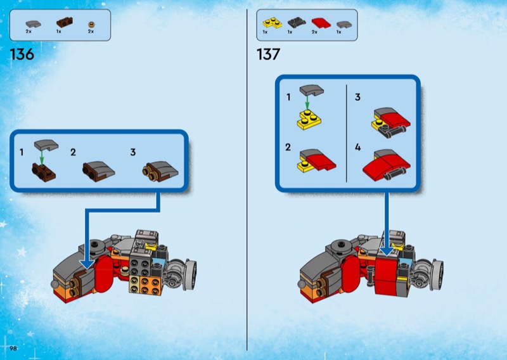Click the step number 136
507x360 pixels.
click(x=22, y=54)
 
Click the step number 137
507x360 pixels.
click(x=268, y=54)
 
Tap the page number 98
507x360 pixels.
click(x=13, y=348)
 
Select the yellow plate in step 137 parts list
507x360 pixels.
click(x=272, y=23)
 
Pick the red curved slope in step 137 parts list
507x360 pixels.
click(x=321, y=23)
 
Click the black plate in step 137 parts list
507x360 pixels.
click(x=297, y=23)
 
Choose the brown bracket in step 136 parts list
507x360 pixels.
click(x=65, y=22)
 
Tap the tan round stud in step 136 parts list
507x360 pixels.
click(x=92, y=24)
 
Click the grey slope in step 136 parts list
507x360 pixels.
click(x=34, y=23)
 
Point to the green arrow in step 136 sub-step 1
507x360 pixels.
click(x=41, y=158)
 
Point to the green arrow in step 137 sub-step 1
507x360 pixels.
click(x=307, y=103)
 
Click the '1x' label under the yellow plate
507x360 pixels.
click(x=265, y=32)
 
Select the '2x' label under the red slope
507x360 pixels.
click(x=314, y=32)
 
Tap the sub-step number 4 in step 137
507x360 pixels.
click(x=357, y=148)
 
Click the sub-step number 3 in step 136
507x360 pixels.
click(x=133, y=152)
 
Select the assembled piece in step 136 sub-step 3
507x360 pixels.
click(x=160, y=171)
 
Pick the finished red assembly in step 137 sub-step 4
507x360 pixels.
click(x=387, y=165)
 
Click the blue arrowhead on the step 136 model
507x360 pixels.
click(x=87, y=263)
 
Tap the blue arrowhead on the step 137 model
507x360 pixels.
click(x=387, y=252)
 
